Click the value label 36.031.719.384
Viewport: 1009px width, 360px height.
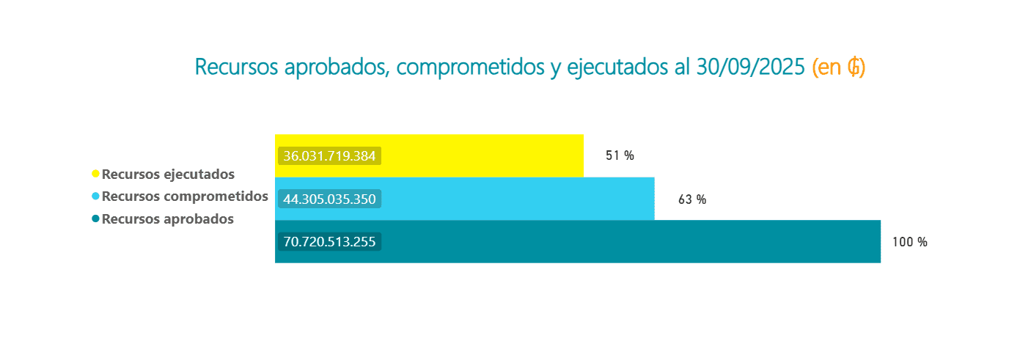click(x=329, y=156)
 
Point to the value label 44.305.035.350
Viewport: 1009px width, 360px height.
click(x=329, y=199)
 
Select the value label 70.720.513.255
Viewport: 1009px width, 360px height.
click(x=329, y=241)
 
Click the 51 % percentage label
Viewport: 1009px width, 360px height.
click(x=620, y=155)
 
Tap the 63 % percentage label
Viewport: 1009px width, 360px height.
click(x=692, y=199)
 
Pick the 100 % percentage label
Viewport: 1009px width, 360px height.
click(x=910, y=242)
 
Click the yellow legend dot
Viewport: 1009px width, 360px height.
click(x=95, y=174)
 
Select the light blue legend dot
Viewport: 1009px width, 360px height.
click(x=95, y=196)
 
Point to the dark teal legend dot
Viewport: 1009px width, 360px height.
click(x=95, y=218)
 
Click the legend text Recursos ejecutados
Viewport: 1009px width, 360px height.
click(x=168, y=175)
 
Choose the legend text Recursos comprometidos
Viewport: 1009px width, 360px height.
click(x=185, y=196)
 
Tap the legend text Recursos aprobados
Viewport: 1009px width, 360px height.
click(x=168, y=218)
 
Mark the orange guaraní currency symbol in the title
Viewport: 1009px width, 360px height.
click(x=854, y=67)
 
